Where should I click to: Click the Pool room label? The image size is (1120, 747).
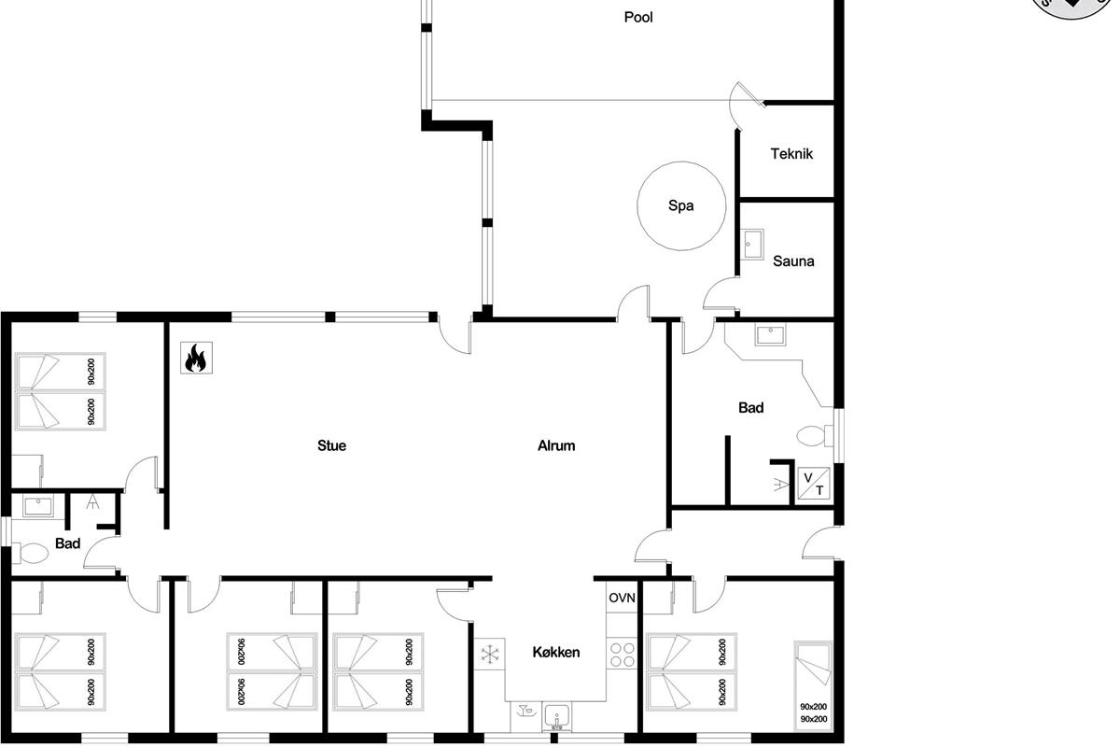638,18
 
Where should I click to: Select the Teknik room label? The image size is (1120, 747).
791,154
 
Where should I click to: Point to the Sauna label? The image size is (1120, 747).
793,261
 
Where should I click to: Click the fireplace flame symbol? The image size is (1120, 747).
196,358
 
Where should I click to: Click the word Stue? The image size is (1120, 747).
331,445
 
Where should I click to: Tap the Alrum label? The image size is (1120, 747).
556,445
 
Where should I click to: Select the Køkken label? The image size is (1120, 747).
556,652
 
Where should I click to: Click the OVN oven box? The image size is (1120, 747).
622,598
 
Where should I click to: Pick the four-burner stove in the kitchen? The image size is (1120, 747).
622,655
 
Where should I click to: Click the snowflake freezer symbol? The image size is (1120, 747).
489,654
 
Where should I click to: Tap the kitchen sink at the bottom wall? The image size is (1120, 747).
556,717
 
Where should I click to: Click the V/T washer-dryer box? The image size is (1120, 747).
814,484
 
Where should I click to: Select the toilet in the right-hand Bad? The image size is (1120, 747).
815,436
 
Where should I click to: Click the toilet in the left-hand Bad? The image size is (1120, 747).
30,553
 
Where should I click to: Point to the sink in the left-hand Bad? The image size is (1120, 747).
37,506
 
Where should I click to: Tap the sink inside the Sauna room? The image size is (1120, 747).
752,244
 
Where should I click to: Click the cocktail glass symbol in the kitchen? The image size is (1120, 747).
525,710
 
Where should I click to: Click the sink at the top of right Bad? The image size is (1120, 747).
771,334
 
